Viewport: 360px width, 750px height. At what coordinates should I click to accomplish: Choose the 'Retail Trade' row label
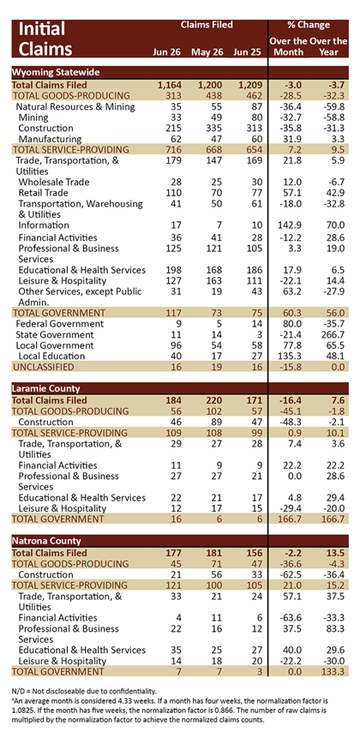click(44, 193)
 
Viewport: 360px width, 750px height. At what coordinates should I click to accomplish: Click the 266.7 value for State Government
click(334, 335)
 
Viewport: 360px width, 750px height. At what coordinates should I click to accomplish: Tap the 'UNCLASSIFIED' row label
click(43, 367)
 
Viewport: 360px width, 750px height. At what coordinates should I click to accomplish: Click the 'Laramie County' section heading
click(46, 389)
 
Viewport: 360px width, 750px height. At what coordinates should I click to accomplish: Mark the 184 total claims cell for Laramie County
click(172, 400)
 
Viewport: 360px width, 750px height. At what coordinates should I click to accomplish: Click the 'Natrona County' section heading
click(46, 541)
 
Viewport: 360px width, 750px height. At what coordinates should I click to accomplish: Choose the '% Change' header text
click(308, 25)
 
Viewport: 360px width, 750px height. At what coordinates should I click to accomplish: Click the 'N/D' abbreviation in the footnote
click(19, 691)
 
